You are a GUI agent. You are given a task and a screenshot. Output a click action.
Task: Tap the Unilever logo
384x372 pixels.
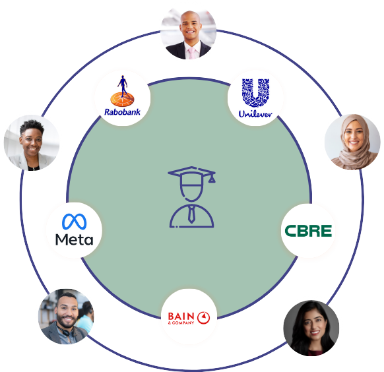point(255,98)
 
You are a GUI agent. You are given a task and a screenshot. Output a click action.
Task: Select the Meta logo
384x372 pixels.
point(74,230)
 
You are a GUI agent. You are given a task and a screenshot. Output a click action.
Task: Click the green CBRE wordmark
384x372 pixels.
point(308,231)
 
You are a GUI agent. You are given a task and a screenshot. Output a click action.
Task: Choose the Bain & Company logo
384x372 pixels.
point(189,318)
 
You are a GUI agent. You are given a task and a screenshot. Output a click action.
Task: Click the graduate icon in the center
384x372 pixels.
point(192,197)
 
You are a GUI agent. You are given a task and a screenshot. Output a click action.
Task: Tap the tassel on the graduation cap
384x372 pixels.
point(212,178)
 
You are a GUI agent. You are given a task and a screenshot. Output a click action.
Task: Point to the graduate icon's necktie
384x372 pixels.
point(191,214)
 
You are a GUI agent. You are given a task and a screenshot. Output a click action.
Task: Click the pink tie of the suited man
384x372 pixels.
point(191,53)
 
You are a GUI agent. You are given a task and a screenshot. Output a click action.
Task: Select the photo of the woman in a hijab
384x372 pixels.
point(352,142)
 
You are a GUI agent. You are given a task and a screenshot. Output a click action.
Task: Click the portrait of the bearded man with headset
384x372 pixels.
point(66,316)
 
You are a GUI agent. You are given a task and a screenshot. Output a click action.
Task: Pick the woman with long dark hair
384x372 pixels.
point(311,328)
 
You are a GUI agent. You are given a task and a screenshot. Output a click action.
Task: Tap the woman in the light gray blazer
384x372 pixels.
point(32,142)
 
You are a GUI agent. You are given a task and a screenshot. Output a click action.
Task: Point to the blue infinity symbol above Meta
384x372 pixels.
point(74,222)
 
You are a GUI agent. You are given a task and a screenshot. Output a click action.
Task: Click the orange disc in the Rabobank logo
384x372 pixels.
point(122,99)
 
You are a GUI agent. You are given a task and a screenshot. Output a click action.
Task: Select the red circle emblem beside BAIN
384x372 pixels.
point(203,318)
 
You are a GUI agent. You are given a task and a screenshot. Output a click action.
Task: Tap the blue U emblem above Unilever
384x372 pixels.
point(256,93)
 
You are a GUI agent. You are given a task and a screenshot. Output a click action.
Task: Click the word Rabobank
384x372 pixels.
point(122,112)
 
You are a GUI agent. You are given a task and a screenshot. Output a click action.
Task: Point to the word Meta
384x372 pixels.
point(74,239)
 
